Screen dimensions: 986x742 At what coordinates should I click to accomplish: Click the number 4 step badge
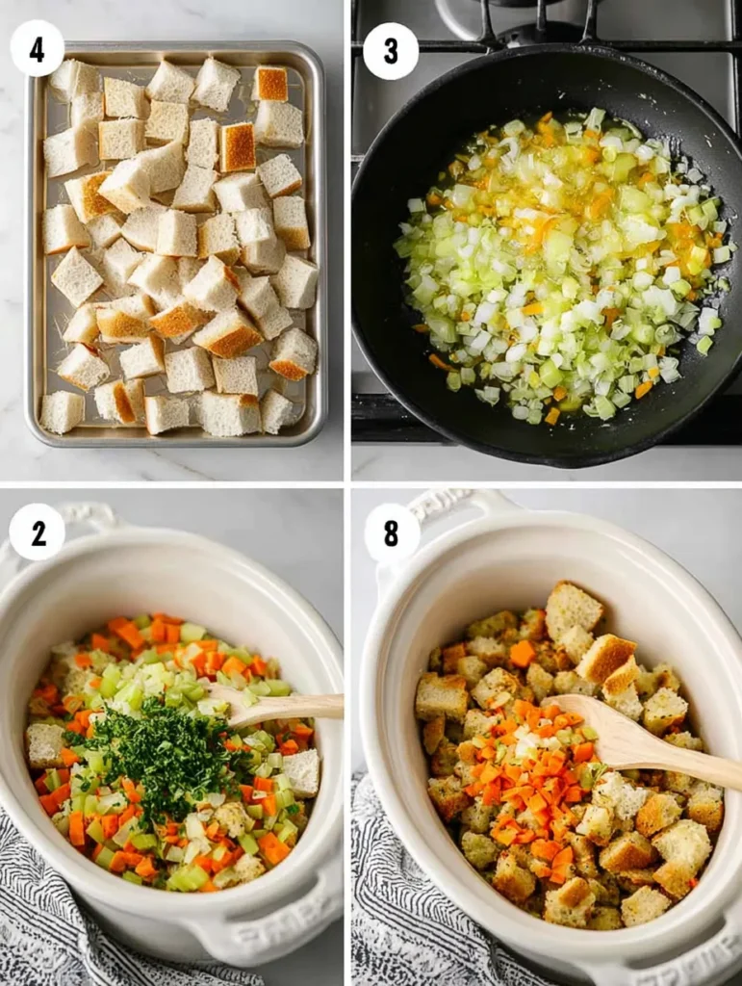click(x=37, y=48)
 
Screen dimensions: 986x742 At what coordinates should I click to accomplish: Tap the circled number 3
click(x=391, y=51)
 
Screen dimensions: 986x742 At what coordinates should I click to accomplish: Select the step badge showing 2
click(x=37, y=532)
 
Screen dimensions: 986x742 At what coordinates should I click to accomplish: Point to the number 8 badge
click(x=392, y=532)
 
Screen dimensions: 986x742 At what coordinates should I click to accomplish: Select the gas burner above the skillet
click(x=510, y=24)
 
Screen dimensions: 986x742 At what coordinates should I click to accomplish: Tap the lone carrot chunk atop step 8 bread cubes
click(x=523, y=653)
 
